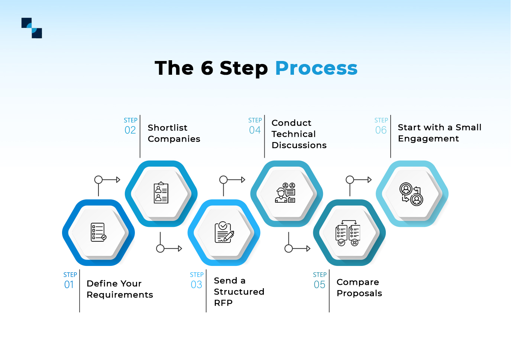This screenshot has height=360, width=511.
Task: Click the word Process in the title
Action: point(316,68)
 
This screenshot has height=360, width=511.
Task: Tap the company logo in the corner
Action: point(32,28)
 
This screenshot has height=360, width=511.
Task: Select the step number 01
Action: point(69,285)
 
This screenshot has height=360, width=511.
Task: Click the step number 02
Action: point(130,130)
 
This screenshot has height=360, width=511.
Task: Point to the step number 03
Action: point(196,285)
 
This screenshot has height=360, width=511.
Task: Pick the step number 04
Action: point(255,130)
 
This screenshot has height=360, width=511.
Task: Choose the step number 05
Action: point(319,285)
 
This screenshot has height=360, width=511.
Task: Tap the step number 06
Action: point(381,130)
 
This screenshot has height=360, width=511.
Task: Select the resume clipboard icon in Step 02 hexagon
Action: point(161,193)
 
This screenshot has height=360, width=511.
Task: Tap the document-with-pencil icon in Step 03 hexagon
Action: point(224,232)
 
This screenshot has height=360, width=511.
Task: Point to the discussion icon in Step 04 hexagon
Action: point(285,193)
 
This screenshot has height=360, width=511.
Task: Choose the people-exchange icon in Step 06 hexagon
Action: point(411,194)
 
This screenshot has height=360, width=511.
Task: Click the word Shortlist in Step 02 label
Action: point(168,128)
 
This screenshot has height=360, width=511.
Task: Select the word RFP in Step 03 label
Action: point(223,303)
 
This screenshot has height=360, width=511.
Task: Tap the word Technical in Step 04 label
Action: point(294,134)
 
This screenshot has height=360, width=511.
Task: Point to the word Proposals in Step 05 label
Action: point(359,293)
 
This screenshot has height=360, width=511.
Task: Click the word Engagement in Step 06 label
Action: point(428,139)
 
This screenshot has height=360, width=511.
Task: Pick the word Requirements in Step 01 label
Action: point(120,295)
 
